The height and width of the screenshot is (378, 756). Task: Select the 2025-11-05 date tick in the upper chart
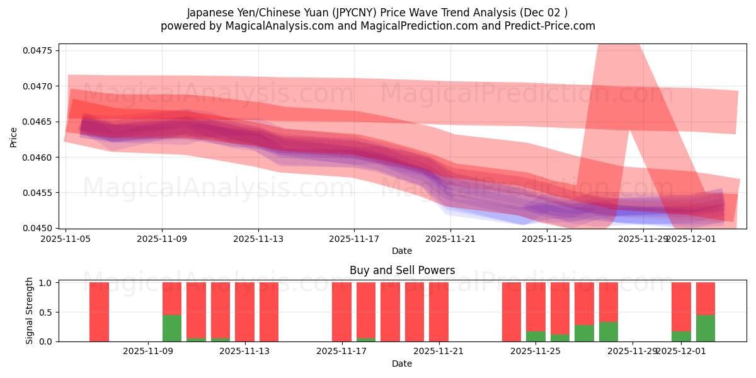click(x=66, y=239)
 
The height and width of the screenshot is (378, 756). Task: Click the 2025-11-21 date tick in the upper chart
click(x=450, y=239)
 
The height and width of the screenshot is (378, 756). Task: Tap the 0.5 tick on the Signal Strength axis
click(x=47, y=312)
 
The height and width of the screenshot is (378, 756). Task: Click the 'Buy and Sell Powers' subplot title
click(x=402, y=270)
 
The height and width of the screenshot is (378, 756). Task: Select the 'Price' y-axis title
click(x=14, y=136)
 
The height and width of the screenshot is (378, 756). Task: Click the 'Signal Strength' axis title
click(x=30, y=311)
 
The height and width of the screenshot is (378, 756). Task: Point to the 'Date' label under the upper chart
click(x=402, y=251)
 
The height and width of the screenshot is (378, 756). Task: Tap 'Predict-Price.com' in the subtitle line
click(x=553, y=26)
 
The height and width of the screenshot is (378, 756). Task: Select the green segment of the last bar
click(x=706, y=328)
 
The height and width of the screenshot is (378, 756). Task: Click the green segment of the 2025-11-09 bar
click(x=172, y=328)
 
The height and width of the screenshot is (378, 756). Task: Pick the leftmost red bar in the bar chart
click(x=99, y=312)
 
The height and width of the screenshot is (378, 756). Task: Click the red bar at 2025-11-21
click(x=438, y=312)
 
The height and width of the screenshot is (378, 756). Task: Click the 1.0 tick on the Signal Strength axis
click(x=47, y=282)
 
